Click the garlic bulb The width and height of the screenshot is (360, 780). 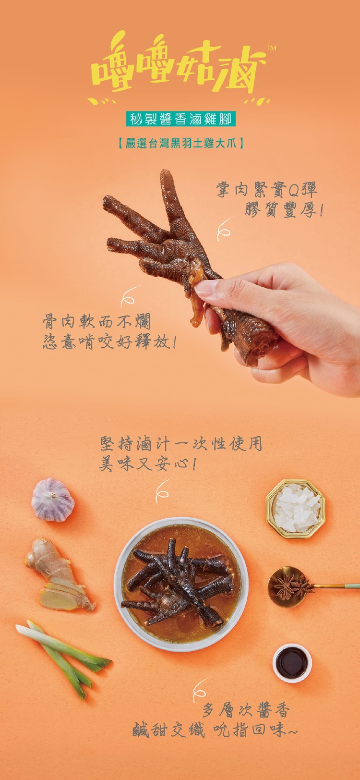[53, 500]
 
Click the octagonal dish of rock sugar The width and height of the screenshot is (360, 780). [296, 508]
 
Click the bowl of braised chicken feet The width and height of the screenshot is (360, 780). [181, 585]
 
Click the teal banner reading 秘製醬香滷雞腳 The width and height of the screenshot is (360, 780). [180, 119]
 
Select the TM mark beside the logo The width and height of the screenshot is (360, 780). [271, 49]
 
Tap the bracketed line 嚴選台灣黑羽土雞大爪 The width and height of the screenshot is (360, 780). [180, 143]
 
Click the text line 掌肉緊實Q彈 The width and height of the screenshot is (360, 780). [267, 189]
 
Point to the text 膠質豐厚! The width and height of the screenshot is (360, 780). [284, 209]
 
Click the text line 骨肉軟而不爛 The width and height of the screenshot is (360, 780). [97, 321]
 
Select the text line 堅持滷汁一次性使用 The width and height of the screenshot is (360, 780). [180, 444]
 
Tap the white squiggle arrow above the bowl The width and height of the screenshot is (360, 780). [163, 490]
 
